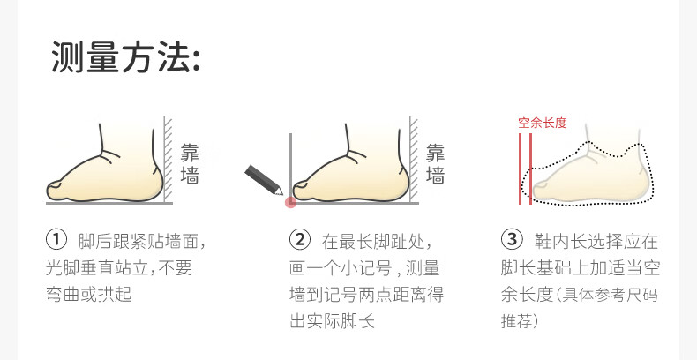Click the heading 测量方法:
click(126, 56)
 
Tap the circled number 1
click(56, 240)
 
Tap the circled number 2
click(300, 240)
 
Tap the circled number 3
click(512, 240)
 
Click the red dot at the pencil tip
click(291, 203)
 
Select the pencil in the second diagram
click(264, 180)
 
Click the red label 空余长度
click(543, 124)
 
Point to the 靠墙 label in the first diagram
click(190, 163)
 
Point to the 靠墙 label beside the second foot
click(435, 163)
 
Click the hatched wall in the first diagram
click(168, 159)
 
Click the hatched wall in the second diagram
click(414, 159)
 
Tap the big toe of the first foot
click(55, 189)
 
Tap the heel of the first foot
click(154, 183)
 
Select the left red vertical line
click(520, 169)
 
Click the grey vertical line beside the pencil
click(291, 167)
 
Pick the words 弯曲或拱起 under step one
click(89, 294)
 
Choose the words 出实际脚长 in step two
click(332, 321)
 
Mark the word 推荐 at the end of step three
click(518, 321)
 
